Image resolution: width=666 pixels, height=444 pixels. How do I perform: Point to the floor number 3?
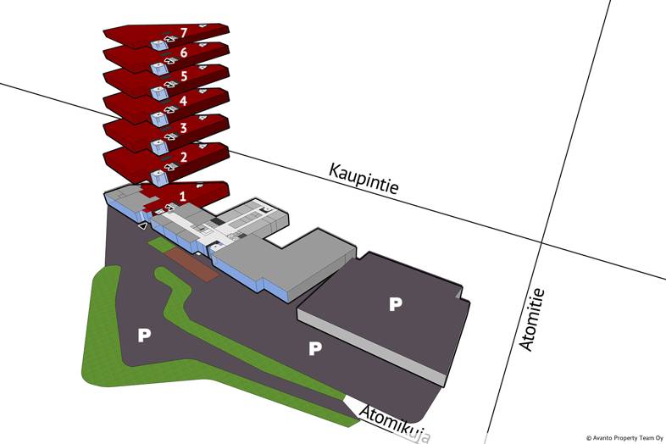click(183, 128)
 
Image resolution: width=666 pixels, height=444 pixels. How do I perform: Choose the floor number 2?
click(183, 158)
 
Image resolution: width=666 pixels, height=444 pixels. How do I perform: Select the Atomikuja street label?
click(393, 421)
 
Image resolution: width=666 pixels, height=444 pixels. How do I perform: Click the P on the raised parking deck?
click(394, 303)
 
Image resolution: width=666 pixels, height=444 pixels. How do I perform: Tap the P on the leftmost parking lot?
click(144, 336)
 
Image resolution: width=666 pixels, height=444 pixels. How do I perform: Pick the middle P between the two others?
click(315, 348)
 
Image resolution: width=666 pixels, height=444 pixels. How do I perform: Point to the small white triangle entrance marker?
click(143, 226)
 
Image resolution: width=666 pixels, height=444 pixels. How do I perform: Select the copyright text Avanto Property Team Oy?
click(624, 438)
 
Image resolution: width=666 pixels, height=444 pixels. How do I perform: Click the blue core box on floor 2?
click(158, 176)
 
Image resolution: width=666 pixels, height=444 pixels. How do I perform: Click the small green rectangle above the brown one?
click(159, 245)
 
